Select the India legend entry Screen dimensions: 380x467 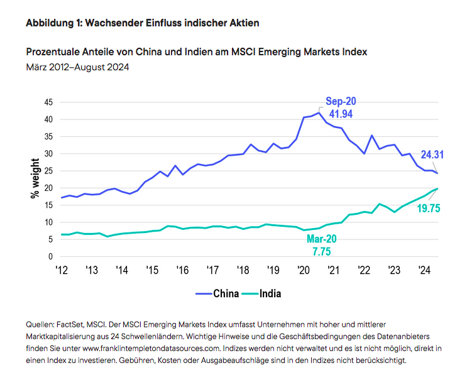point(261,293)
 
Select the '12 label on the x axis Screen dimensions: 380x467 point(61,269)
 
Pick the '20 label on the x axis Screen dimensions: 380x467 point(303,269)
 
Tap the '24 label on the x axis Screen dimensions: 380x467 point(424,269)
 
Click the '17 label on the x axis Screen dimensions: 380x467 point(212,269)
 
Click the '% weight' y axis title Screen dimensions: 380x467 point(36,179)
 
